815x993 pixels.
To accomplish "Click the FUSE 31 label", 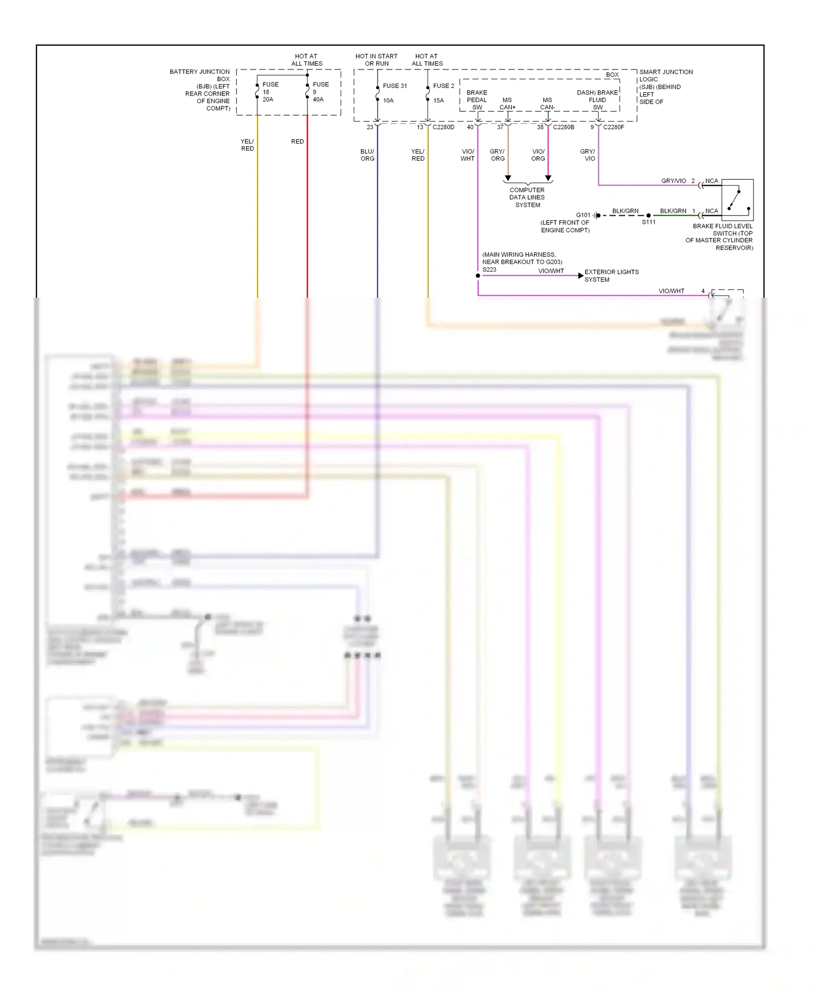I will tap(394, 86).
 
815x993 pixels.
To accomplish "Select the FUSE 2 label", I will tap(443, 86).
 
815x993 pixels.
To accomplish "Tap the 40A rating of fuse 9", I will tap(318, 99).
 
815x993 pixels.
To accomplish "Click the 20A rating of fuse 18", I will tap(268, 99).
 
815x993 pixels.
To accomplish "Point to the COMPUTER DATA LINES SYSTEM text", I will tap(527, 198).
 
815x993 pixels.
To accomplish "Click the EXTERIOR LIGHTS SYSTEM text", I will tap(611, 275).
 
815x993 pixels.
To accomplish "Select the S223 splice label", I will tap(489, 269).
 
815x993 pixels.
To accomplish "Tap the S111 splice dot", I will tap(649, 216).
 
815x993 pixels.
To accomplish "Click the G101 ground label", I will tap(582, 215).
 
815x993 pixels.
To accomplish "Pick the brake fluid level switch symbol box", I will tap(737, 199).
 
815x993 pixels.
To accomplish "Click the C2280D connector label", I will tap(443, 127).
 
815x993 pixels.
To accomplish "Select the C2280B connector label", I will tap(563, 127).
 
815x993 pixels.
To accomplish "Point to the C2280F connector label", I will tap(613, 127).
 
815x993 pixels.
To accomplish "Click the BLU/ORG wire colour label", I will tap(367, 155).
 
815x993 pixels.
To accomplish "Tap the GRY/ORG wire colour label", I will tap(497, 155).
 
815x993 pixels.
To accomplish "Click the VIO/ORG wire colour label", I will tap(538, 155).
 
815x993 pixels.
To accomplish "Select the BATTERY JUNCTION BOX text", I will tap(200, 75).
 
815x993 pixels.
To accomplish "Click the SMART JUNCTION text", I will tap(666, 72).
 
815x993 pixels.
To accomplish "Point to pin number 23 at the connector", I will tap(369, 127).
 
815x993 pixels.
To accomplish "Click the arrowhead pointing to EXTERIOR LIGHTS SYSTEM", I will tap(580, 276).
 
